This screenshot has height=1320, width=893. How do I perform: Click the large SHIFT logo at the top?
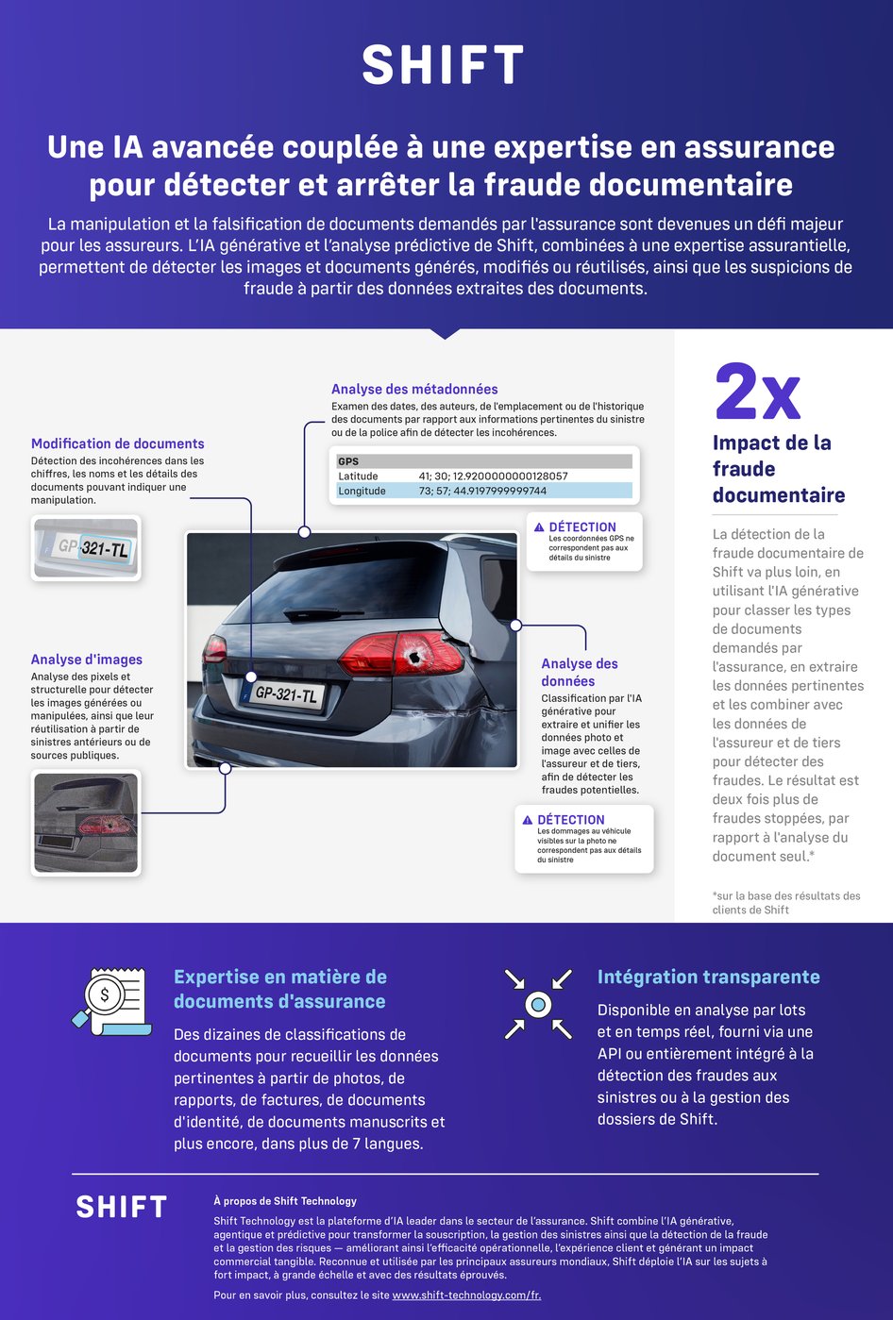[x=443, y=65]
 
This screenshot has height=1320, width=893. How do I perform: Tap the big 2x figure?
[x=757, y=391]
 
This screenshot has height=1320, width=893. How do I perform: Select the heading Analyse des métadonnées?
[x=414, y=389]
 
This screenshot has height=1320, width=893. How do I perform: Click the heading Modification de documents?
[x=117, y=443]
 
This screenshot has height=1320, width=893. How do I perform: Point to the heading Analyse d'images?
[x=87, y=660]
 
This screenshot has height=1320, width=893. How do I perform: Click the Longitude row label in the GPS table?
[x=362, y=491]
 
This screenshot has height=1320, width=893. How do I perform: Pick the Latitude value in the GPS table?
[x=493, y=476]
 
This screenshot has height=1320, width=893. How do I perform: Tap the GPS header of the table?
[x=349, y=461]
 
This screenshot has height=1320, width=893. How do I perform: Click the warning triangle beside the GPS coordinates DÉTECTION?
[x=539, y=527]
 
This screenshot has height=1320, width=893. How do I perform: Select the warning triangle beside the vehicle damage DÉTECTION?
[x=528, y=820]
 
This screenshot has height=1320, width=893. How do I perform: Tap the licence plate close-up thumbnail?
[x=86, y=547]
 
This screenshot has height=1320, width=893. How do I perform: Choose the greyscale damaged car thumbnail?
[x=86, y=822]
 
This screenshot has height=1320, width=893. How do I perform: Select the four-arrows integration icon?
[x=538, y=1004]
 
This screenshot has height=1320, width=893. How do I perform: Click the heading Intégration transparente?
[x=708, y=977]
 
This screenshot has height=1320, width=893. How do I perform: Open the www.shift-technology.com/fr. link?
[x=466, y=1295]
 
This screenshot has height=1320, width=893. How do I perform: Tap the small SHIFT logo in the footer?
[x=121, y=1207]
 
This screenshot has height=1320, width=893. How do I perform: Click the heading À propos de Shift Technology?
[x=285, y=1201]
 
